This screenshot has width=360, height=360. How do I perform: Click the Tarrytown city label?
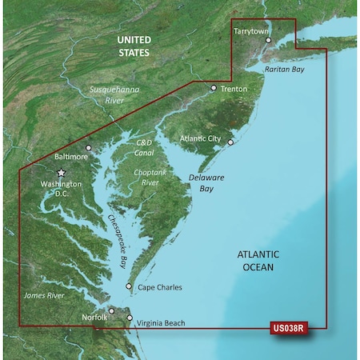point(250,30)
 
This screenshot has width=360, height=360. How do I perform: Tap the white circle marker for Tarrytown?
point(269,39)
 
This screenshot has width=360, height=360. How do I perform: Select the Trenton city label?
point(234,89)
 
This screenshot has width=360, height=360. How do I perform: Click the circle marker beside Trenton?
point(214,88)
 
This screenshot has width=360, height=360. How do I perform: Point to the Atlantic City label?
point(202,138)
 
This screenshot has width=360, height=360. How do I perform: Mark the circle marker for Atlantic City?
point(230,142)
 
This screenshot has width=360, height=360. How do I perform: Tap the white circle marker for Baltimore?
point(89,147)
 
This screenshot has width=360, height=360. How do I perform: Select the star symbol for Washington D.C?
point(60,172)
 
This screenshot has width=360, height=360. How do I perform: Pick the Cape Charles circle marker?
point(130,286)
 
